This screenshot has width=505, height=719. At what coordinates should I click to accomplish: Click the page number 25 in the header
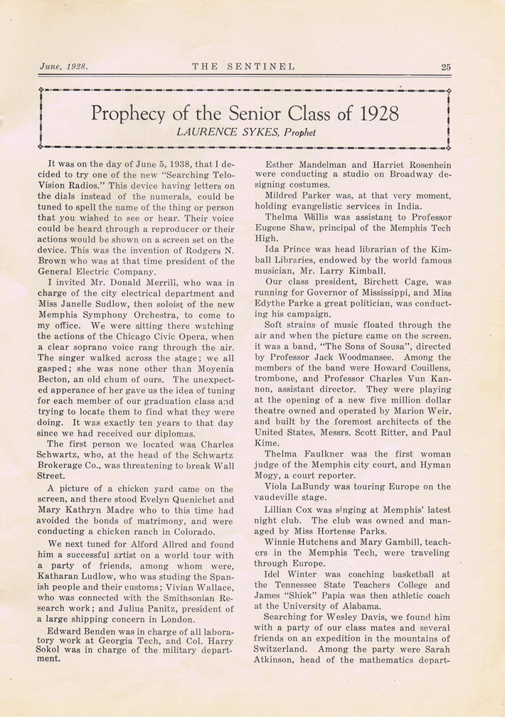pos(445,68)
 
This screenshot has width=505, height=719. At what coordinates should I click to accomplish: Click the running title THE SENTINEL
pos(243,68)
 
